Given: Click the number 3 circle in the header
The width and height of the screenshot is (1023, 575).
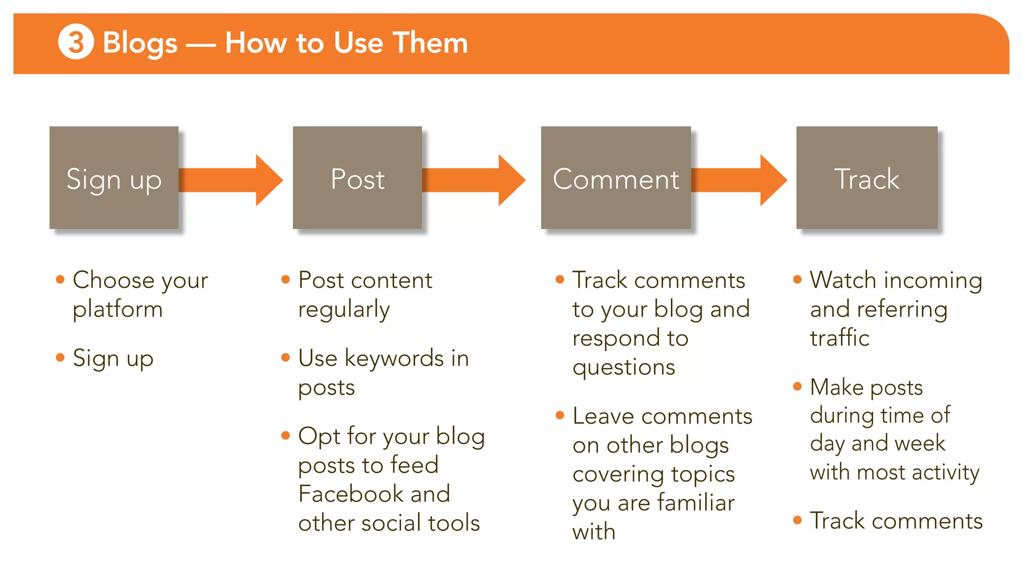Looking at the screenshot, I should click(76, 42).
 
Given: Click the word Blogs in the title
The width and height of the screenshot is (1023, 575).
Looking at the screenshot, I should click(140, 43).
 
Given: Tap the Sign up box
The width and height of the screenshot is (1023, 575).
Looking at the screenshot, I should click(114, 178).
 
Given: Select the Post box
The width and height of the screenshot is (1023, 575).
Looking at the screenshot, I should click(357, 178).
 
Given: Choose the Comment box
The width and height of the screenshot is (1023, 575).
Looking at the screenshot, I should click(615, 178).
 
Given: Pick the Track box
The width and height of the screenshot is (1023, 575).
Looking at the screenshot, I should click(867, 178).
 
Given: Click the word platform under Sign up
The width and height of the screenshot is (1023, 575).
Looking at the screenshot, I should click(118, 309).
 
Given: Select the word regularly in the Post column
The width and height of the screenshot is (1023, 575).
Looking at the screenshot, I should click(344, 309).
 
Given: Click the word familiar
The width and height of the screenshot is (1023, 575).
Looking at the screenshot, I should click(696, 503).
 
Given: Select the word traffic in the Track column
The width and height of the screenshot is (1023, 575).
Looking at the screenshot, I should click(840, 338).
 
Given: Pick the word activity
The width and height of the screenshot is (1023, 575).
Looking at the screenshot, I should click(946, 472).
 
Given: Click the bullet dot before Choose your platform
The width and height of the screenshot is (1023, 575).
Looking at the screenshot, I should click(60, 280).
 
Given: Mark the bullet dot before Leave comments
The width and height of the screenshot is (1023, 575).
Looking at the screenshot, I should click(560, 415).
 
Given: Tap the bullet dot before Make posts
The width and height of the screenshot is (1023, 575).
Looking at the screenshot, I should click(797, 386).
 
